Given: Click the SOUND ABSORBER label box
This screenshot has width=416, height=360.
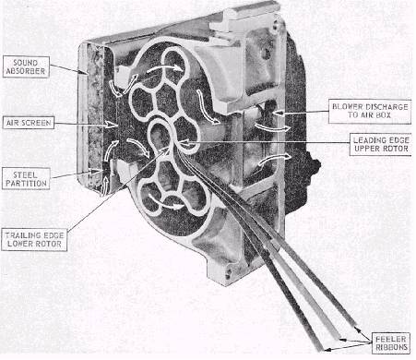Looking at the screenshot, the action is pos(26,66).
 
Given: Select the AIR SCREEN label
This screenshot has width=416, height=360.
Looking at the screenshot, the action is pos(29,123).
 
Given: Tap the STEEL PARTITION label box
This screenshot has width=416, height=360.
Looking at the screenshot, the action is pos(26,179).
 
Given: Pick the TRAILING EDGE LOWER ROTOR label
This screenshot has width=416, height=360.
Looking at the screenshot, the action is pos(34,240).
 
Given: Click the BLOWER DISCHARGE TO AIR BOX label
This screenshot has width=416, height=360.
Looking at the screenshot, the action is pos(370,111).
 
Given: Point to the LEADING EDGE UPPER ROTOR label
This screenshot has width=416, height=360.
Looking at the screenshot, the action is pos(381,144).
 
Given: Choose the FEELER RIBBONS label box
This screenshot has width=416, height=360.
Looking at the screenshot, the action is pos(391,343).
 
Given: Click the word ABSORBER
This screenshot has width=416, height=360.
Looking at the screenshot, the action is pos(26,71).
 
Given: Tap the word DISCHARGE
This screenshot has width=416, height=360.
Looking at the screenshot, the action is pos(386,107).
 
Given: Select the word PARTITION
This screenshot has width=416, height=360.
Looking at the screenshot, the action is pos(26,184).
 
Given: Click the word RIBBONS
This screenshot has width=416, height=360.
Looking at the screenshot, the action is pos(391,348).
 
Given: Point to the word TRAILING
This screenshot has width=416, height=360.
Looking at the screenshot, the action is pos(20,235).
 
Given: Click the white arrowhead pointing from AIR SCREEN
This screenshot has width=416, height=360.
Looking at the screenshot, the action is pos(111,125).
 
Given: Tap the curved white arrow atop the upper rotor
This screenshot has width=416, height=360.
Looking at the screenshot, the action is pos(165,68).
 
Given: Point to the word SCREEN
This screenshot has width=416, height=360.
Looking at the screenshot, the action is pos(39,123).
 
